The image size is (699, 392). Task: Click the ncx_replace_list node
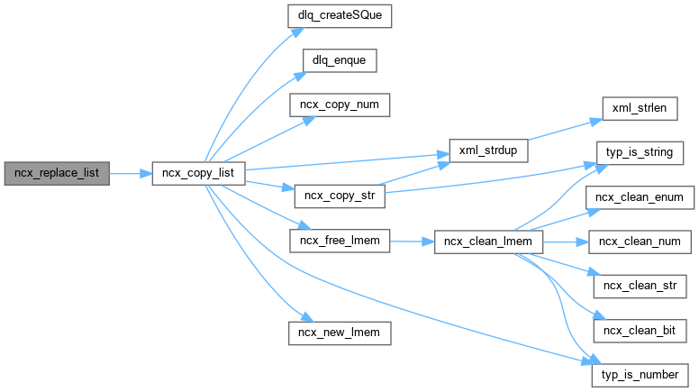tap(56, 173)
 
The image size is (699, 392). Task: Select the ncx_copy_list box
tap(198, 173)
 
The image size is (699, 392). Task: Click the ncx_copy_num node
tap(339, 105)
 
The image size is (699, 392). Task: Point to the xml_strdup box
tap(487, 150)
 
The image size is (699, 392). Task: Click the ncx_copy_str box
tap(339, 195)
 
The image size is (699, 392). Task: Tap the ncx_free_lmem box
tap(339, 242)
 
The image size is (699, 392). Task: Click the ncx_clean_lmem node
tap(487, 242)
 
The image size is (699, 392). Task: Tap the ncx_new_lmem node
tap(339, 333)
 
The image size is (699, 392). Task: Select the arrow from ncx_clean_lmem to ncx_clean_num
tap(563, 242)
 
